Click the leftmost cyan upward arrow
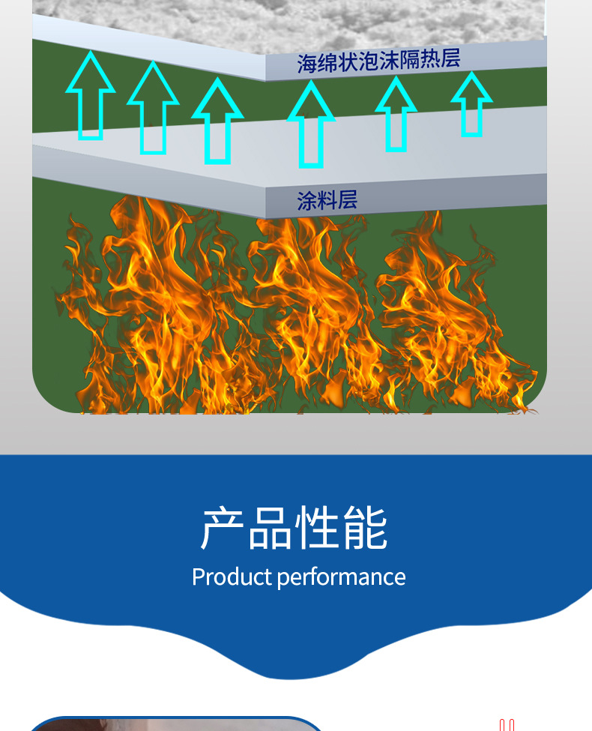[x=91, y=97]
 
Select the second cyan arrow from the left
[x=153, y=109]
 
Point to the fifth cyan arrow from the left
[x=396, y=115]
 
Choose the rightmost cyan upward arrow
[x=471, y=105]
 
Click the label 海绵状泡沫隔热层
[x=378, y=61]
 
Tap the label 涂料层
[x=327, y=200]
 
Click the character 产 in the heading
[x=224, y=529]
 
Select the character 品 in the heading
[x=271, y=529]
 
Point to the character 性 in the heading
[x=318, y=529]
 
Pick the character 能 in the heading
[x=366, y=529]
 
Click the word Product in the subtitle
[x=232, y=577]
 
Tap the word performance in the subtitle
[x=341, y=577]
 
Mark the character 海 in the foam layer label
[x=306, y=64]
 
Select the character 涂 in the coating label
[x=306, y=201]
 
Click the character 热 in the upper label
[x=429, y=58]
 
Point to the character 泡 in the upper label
[x=368, y=61]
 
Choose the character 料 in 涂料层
[x=327, y=200]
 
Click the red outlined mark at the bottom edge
[x=507, y=725]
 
